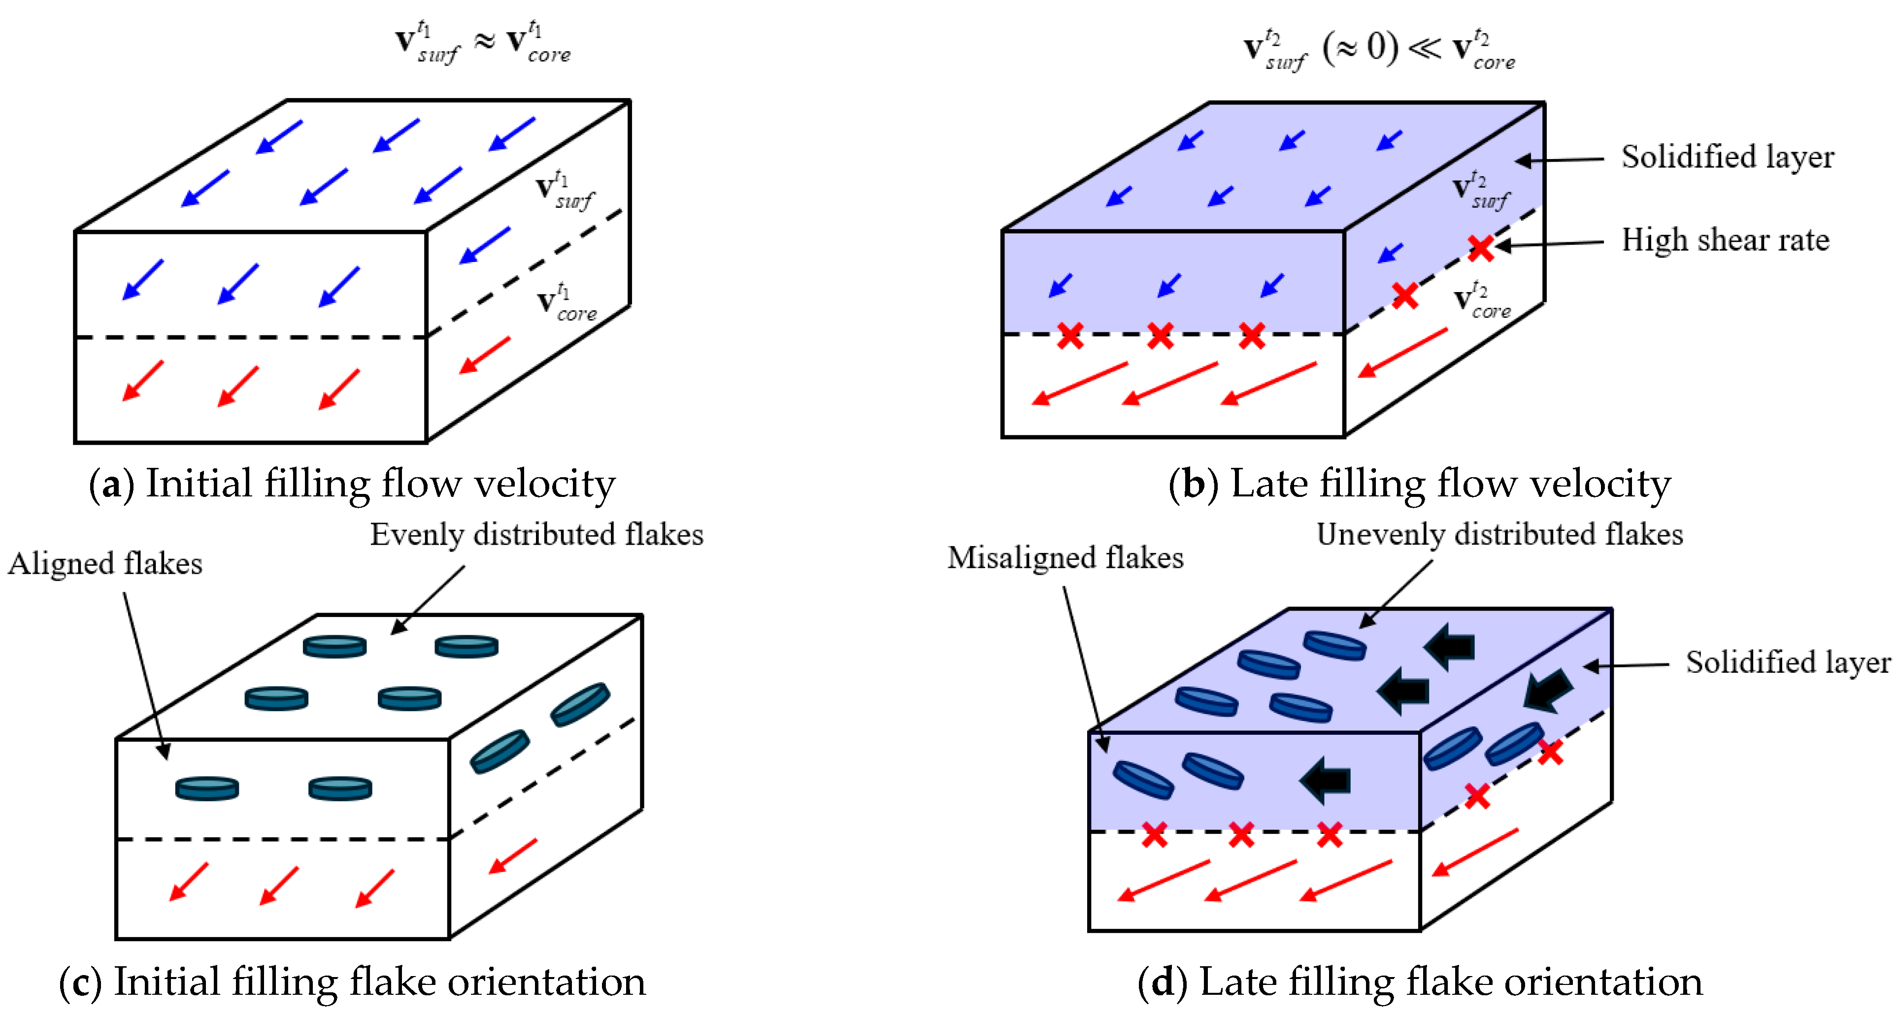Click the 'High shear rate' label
tap(1725, 240)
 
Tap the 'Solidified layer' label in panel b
tap(1727, 157)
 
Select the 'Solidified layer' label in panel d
tap(1788, 662)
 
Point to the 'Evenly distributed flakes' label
tap(536, 534)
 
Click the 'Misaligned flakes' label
tap(1065, 557)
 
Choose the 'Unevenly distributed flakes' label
tap(1499, 534)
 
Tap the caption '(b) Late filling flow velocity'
tap(1419, 484)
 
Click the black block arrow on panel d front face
tap(1325, 780)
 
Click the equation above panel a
tap(483, 43)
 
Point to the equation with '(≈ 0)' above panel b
tap(1379, 49)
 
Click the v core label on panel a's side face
tap(566, 302)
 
